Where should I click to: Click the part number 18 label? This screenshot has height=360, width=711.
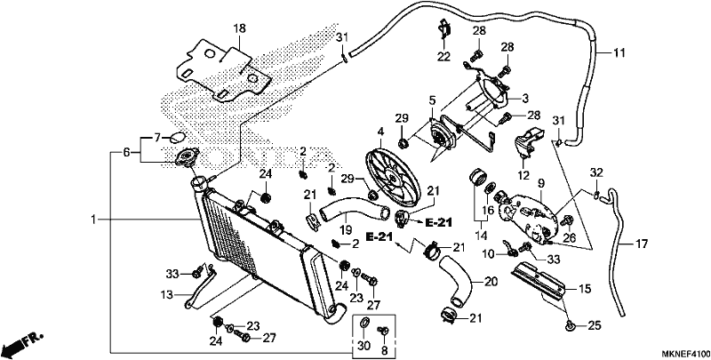tap(239, 28)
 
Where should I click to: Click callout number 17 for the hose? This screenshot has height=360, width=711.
tap(642, 244)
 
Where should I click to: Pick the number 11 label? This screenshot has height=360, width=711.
tap(619, 53)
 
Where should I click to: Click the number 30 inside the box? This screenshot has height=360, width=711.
tap(364, 347)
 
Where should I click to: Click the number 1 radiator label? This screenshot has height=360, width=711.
tap(93, 220)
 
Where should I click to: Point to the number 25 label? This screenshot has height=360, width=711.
tap(594, 325)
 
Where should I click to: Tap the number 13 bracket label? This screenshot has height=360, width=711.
tap(167, 295)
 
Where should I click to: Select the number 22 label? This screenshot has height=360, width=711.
tap(443, 57)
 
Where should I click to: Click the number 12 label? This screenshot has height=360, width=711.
tap(523, 175)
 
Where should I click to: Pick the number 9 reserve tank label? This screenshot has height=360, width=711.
tap(541, 184)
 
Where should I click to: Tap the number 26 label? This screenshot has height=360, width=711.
tap(569, 236)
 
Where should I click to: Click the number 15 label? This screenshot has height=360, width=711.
tap(585, 289)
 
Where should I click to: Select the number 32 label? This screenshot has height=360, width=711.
tap(596, 172)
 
